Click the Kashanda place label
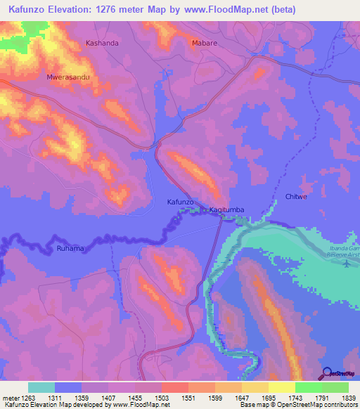pyautogui.click(x=102, y=43)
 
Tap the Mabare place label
pyautogui.click(x=204, y=43)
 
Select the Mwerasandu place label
pyautogui.click(x=67, y=77)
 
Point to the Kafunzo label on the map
pyautogui.click(x=180, y=202)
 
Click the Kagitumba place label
pyautogui.click(x=227, y=210)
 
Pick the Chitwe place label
pyautogui.click(x=296, y=197)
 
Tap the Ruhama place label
pyautogui.click(x=70, y=248)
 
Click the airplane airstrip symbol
pyautogui.click(x=346, y=264)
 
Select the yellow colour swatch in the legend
pyautogui.click(x=281, y=387)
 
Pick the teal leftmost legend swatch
pyautogui.click(x=41, y=387)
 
